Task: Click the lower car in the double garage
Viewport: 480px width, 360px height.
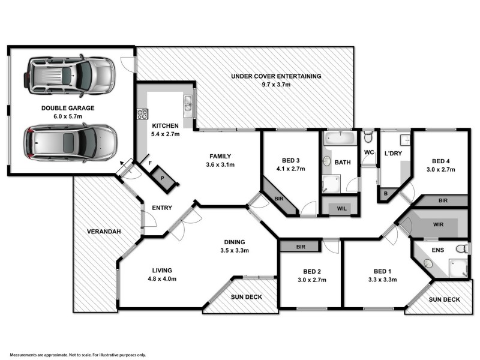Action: point(69,143)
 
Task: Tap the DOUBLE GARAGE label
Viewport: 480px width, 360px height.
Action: point(68,108)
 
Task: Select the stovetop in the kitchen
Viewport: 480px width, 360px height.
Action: point(142,113)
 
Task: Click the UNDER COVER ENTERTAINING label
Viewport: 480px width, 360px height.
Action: point(277,76)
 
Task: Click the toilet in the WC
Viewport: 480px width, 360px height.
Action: point(368,137)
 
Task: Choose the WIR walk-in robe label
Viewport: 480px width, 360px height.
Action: point(438,224)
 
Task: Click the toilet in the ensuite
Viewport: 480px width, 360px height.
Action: point(461,248)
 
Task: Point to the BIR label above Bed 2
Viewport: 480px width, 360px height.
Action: point(301,246)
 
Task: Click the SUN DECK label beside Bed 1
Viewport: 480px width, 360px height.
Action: point(444,299)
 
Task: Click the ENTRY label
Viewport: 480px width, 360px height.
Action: point(163,208)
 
